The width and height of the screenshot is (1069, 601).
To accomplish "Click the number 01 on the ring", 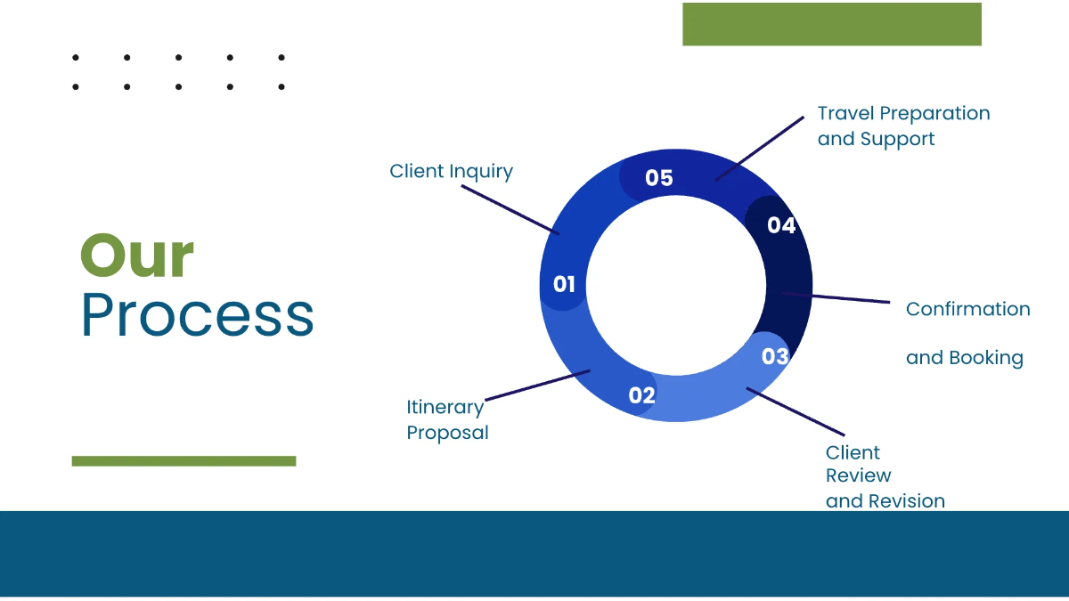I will point(564,285).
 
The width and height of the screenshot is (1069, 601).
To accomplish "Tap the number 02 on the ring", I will point(641,395).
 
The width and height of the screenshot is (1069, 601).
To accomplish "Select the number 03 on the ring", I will point(775,357).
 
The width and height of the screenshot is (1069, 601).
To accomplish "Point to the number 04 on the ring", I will point(780,226).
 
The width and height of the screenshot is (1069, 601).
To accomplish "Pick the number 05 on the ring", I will point(658,178).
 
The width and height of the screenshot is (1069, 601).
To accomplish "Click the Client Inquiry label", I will point(451,171).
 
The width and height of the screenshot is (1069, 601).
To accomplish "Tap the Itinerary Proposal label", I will point(447,419).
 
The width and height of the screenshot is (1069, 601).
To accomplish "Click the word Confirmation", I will point(967,309).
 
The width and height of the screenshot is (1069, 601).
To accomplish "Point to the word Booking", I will point(985,358).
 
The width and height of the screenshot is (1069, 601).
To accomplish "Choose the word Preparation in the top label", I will point(934,114).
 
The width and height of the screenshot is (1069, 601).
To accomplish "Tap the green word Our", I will point(137,256).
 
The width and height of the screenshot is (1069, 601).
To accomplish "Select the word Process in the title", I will point(197,314).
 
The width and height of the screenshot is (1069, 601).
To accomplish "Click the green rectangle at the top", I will point(831,24).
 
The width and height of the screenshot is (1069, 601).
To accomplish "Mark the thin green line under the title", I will point(184,461).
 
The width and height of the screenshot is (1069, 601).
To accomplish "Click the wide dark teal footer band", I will point(534,554).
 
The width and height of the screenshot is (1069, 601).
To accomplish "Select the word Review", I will point(858,476).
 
